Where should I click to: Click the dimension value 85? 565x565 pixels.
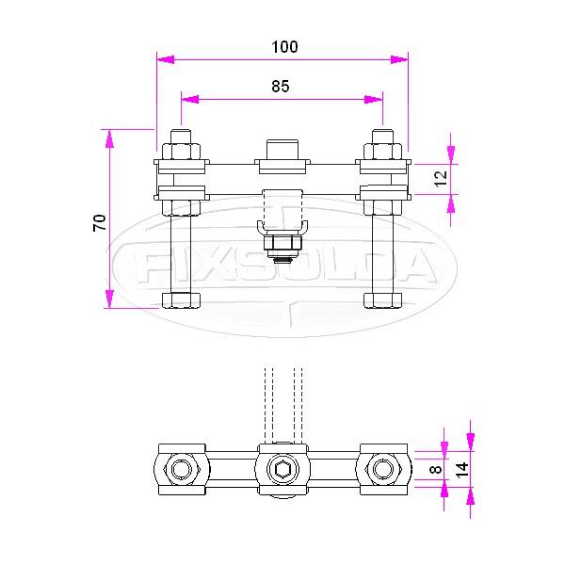click(x=280, y=86)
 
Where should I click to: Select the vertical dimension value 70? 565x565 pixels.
click(x=98, y=221)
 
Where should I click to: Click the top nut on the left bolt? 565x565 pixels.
click(x=181, y=150)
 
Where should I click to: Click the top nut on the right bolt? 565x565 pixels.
click(x=382, y=150)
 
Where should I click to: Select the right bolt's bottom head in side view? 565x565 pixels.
click(x=382, y=300)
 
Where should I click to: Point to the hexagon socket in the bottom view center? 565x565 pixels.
click(x=282, y=469)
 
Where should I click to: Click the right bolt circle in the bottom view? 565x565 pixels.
click(x=382, y=469)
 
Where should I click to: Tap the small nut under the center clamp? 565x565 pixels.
click(x=282, y=248)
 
